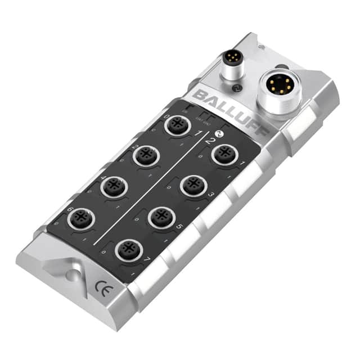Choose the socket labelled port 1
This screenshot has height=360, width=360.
[225, 154]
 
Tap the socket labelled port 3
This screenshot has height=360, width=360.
[193, 185]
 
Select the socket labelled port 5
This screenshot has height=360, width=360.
[161, 217]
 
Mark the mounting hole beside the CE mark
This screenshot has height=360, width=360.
[71, 275]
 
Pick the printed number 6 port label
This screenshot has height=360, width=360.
[70, 209]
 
